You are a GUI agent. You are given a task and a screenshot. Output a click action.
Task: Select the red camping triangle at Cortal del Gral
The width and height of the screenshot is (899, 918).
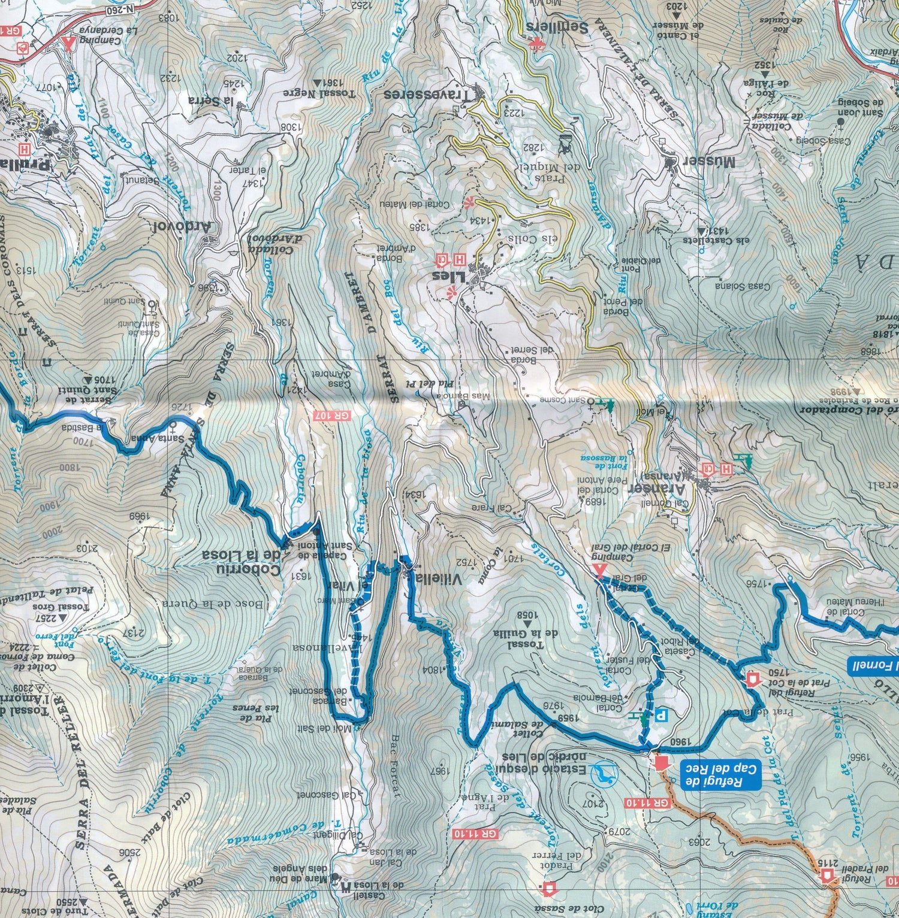598,570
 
